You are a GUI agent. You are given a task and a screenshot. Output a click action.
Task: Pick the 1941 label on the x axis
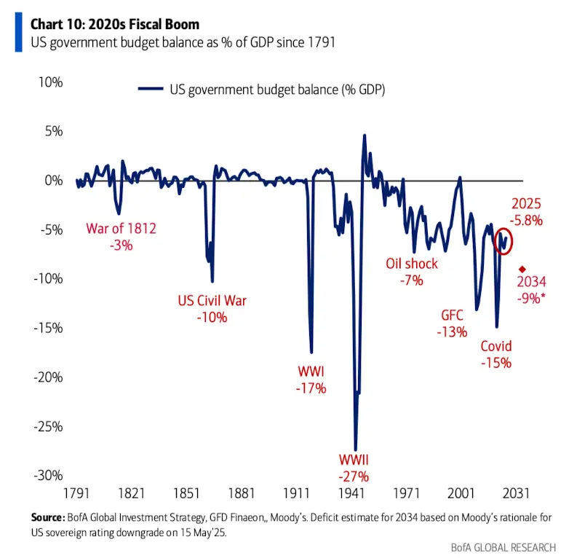[x=351, y=492]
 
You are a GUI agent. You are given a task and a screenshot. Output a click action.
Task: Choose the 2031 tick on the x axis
[x=515, y=492]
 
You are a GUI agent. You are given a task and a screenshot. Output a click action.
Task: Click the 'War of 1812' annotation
[x=121, y=229]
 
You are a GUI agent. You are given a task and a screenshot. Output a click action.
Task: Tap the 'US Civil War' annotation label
[x=212, y=300]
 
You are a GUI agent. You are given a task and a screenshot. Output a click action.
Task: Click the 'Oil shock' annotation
[x=411, y=263]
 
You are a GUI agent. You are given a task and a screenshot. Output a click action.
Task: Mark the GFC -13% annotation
[x=452, y=316]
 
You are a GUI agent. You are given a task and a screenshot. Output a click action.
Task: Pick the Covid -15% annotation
[x=496, y=346]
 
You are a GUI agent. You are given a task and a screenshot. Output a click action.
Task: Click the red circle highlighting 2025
[x=503, y=238]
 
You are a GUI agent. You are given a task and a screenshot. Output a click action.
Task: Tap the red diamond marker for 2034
[x=522, y=269]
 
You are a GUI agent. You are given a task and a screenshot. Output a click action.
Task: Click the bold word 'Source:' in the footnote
[x=49, y=516]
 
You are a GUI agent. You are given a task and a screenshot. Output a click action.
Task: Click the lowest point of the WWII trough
[x=355, y=449]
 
